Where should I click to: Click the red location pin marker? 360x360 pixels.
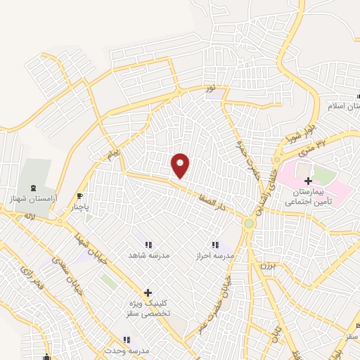(181, 165)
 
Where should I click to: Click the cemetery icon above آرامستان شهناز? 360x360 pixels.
(34, 189)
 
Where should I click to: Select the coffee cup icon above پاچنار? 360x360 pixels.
(81, 196)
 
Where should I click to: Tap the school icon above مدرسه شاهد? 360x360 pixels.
(148, 244)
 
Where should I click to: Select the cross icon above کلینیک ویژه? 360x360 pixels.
(148, 292)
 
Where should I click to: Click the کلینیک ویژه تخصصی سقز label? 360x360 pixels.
(148, 308)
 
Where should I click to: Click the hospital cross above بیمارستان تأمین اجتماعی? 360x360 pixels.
(309, 181)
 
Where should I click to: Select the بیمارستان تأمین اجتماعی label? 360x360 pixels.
(308, 196)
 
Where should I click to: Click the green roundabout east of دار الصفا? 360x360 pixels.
(249, 224)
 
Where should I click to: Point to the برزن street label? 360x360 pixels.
(264, 266)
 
